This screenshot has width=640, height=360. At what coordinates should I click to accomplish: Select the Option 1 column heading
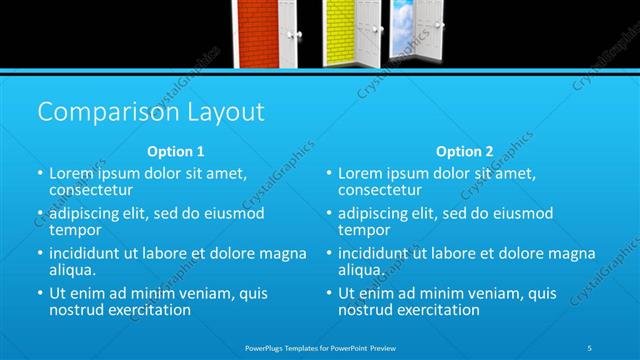pyautogui.click(x=176, y=152)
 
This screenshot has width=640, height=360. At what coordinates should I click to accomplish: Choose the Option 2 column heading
pyautogui.click(x=464, y=152)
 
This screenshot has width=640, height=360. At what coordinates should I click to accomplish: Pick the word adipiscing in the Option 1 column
pyautogui.click(x=91, y=213)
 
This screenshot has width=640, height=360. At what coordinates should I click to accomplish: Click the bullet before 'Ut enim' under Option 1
pyautogui.click(x=40, y=293)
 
